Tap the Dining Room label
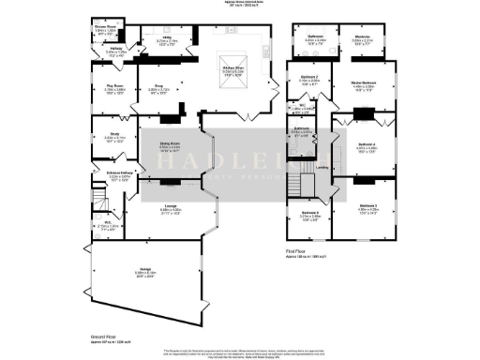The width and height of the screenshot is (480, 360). [x=170, y=144]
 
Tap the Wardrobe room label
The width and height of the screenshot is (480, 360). [x=363, y=38]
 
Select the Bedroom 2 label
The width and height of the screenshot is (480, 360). [x=310, y=79]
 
